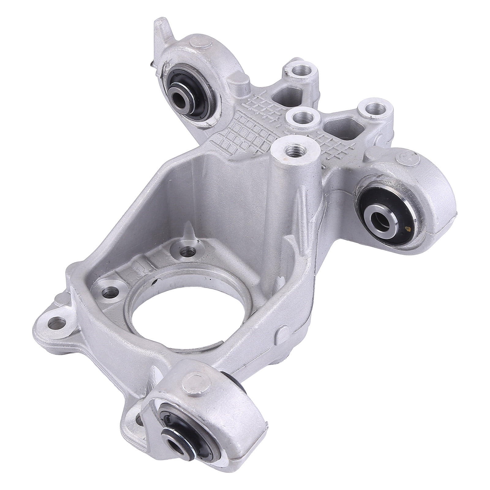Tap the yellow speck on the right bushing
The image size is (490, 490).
pyautogui.click(x=408, y=228)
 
